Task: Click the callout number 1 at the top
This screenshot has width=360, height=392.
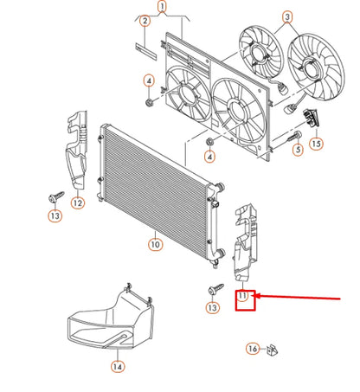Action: tap(162, 6)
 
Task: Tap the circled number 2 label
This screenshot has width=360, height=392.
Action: tap(145, 21)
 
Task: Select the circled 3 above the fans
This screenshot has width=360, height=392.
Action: tap(287, 17)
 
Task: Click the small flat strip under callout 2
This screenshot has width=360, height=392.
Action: tap(146, 51)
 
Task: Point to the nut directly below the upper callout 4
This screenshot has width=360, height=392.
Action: tap(150, 102)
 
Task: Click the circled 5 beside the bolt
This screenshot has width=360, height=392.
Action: tap(298, 150)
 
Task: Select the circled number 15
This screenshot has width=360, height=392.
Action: tap(316, 144)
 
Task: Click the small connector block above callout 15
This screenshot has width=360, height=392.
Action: tap(312, 118)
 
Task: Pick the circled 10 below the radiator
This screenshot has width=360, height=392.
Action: tap(155, 245)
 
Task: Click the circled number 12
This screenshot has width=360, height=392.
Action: tap(78, 202)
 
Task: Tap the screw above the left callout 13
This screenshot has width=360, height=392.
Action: tap(56, 196)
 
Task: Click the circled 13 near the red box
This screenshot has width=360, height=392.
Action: tap(212, 307)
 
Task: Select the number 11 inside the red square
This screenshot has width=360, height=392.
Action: tap(242, 296)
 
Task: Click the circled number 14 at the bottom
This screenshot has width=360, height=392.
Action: tap(118, 367)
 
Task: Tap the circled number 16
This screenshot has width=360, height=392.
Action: tap(253, 349)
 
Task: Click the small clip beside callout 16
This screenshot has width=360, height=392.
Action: tap(272, 350)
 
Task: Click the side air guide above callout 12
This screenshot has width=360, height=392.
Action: tap(76, 150)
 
